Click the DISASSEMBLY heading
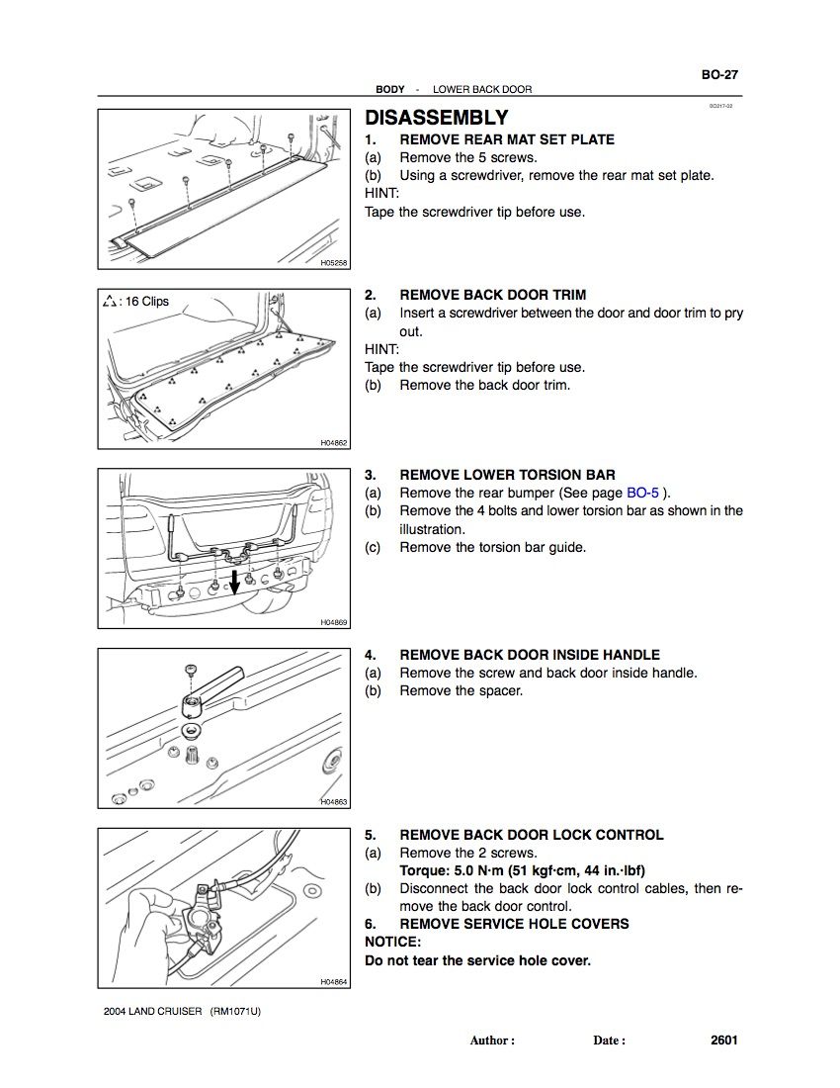(x=437, y=118)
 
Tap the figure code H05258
(x=334, y=263)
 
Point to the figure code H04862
(x=334, y=443)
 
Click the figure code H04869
(x=334, y=622)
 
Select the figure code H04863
(x=334, y=802)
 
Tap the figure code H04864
(x=334, y=981)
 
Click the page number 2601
(x=723, y=1040)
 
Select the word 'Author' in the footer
(x=491, y=1041)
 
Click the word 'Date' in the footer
(x=608, y=1041)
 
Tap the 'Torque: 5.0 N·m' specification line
(x=522, y=870)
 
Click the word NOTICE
(x=392, y=942)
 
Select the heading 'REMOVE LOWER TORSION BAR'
(x=507, y=475)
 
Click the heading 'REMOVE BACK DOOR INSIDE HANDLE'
(x=530, y=655)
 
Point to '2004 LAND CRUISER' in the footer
(x=153, y=1011)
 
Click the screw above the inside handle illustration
(x=190, y=672)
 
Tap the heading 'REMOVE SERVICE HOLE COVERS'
(x=514, y=924)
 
